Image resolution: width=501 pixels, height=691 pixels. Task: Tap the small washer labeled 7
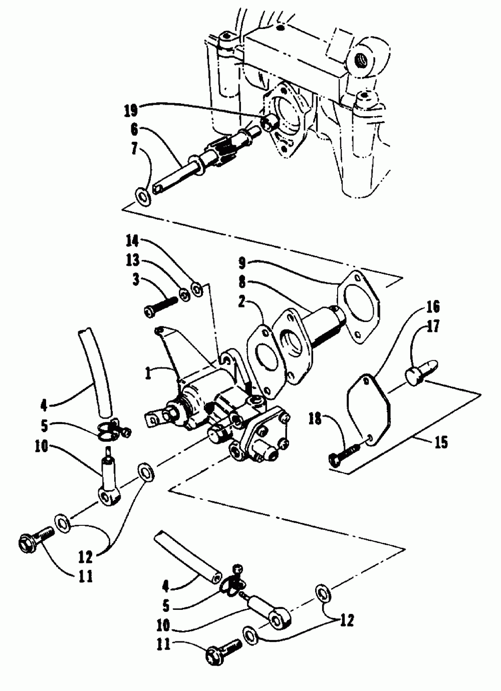144,196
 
